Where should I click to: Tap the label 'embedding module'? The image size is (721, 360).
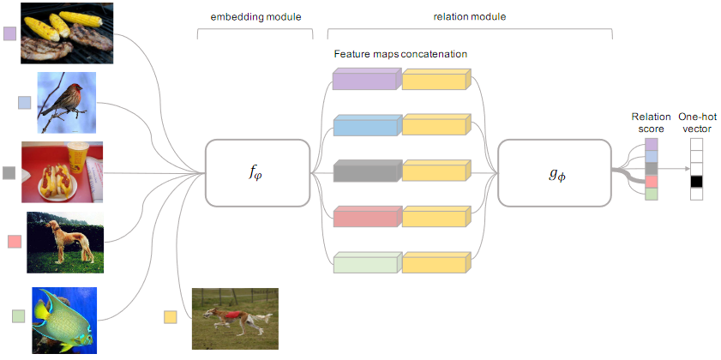255,17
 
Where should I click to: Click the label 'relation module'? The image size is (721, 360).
470,17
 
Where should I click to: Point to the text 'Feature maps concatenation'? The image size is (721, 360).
401,54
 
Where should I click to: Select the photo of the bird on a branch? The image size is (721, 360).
66,102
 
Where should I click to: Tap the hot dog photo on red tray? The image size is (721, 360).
62,171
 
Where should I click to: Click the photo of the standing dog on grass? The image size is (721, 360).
64,242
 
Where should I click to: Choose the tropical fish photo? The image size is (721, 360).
64,318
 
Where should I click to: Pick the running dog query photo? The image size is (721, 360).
234,318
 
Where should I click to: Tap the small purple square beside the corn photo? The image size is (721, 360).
10,33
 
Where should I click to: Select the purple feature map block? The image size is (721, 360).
366,81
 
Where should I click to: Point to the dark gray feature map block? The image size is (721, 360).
366,171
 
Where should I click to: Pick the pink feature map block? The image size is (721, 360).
366,217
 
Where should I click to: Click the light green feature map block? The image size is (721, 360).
366,262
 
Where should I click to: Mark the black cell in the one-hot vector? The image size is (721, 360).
696,182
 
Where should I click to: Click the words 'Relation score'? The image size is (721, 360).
646,123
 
